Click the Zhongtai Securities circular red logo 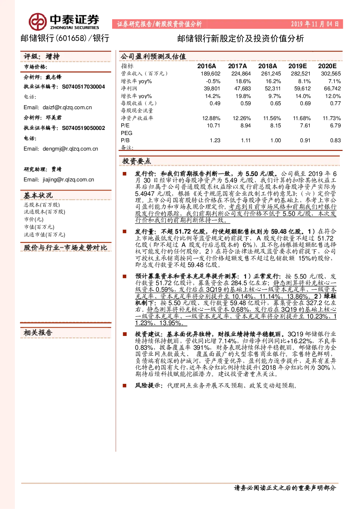[37, 22]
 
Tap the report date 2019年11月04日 [315, 24]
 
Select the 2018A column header [267, 66]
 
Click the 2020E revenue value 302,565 [331, 74]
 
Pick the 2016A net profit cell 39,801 [212, 89]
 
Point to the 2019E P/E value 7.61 [305, 126]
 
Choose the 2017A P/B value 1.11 [246, 140]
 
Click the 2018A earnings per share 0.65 [275, 103]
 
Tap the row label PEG [127, 133]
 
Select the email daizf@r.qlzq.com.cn [67, 107]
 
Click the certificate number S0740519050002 [83, 128]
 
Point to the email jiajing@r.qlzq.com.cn [68, 180]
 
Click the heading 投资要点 [136, 161]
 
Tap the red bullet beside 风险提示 [124, 386]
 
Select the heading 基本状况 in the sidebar [38, 195]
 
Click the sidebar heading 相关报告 [38, 333]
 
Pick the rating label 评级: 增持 [42, 56]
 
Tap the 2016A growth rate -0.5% [213, 81]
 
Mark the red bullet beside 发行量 [124, 231]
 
